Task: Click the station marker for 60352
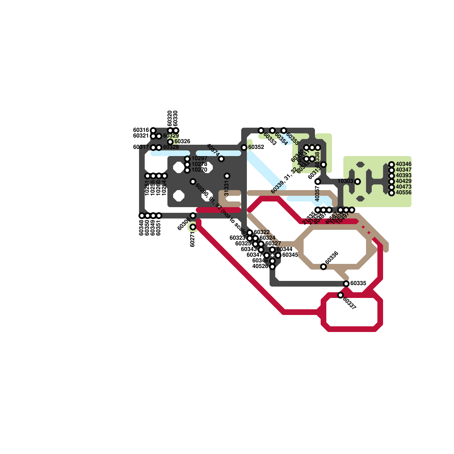244,148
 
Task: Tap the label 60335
358,283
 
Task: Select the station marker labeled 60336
323,267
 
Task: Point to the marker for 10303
358,182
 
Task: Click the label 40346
403,164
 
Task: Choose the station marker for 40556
392,193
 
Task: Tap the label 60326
182,141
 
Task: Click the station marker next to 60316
153,131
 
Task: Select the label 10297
199,158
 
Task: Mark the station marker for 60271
193,227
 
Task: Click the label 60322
262,232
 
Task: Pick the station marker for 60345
278,255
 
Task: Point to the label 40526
260,266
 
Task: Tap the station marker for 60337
340,295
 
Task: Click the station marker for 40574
221,159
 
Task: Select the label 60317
141,147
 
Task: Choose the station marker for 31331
227,176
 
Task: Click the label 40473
403,187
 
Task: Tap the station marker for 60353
261,131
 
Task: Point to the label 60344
284,249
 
